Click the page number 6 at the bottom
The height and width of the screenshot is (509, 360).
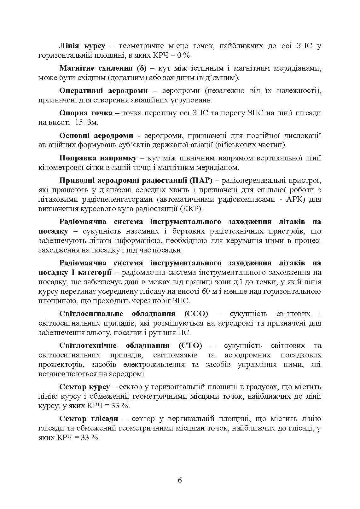pyautogui.click(x=180, y=480)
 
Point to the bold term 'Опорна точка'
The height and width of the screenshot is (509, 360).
pyautogui.click(x=86, y=113)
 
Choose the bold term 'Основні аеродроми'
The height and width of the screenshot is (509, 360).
pyautogui.click(x=96, y=136)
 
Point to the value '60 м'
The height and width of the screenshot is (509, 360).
pyautogui.click(x=210, y=291)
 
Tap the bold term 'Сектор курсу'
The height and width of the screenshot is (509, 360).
pyautogui.click(x=84, y=387)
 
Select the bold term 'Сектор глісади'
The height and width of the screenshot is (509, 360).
pyautogui.click(x=89, y=419)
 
